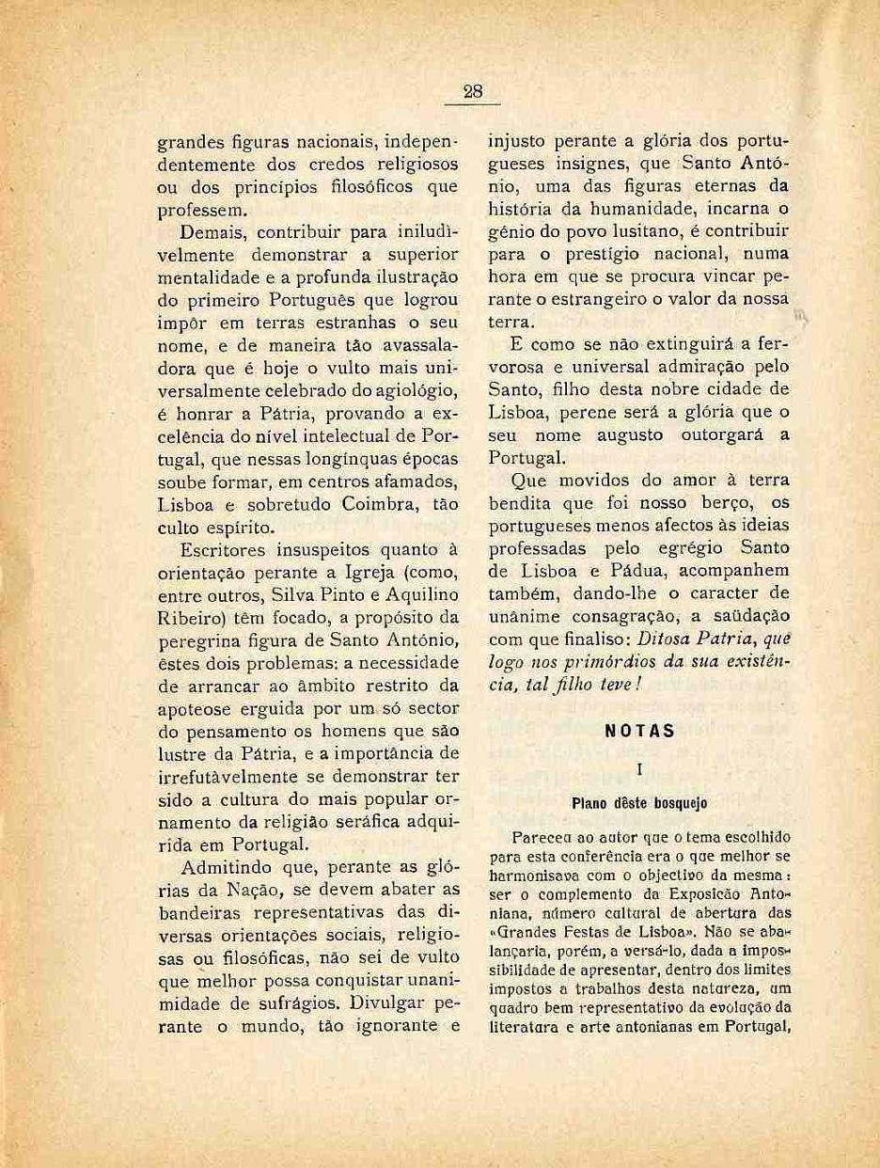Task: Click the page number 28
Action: [472, 91]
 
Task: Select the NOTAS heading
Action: [638, 730]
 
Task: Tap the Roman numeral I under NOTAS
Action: [639, 769]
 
